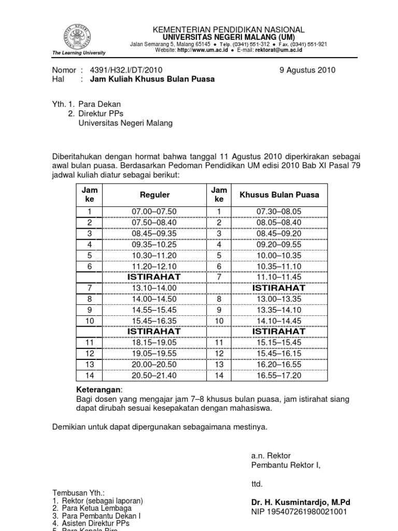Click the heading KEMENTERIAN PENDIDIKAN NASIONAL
228,30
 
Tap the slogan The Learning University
79,53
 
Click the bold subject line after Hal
152,79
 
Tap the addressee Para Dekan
99,104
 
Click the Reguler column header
155,195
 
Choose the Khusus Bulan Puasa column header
279,195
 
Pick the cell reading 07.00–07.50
155,212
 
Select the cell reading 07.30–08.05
279,212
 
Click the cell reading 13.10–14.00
155,288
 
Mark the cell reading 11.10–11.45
279,277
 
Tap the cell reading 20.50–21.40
155,375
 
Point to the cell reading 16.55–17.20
279,375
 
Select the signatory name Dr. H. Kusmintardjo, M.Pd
301,502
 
